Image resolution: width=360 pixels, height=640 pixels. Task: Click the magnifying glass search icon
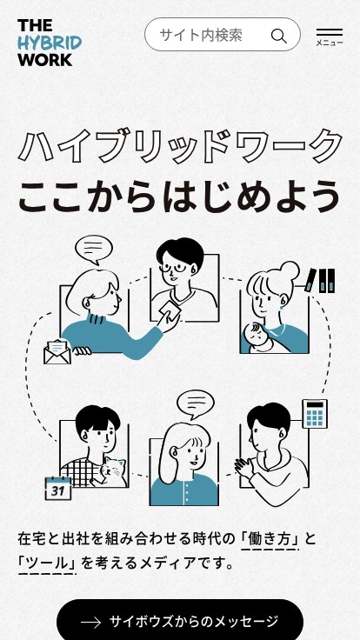click(279, 37)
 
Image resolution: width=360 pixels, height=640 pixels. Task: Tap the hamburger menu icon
click(330, 33)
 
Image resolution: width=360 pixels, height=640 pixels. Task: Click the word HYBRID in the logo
click(50, 43)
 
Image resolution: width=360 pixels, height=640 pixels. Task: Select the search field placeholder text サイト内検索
click(201, 35)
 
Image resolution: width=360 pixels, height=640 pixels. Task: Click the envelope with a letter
click(57, 352)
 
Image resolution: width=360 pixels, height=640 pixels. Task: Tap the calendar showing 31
click(58, 488)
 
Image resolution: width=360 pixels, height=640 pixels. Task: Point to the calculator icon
click(315, 413)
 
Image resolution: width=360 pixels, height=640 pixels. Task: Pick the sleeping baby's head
click(255, 333)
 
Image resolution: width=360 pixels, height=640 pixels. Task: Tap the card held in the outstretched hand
click(171, 310)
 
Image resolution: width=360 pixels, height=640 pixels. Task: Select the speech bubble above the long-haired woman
click(196, 404)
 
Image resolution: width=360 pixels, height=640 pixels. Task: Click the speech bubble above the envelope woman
click(94, 250)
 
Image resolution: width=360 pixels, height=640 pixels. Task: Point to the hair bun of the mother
click(289, 271)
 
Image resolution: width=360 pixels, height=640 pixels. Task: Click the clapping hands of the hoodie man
click(243, 467)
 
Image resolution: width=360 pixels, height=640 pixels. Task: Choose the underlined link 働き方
click(270, 539)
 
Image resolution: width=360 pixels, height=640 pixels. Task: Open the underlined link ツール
click(47, 563)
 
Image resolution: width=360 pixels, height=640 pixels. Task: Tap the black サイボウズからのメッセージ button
click(180, 620)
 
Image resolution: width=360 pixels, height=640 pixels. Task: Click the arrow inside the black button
click(90, 622)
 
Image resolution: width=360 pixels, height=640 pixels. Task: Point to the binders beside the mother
click(321, 280)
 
